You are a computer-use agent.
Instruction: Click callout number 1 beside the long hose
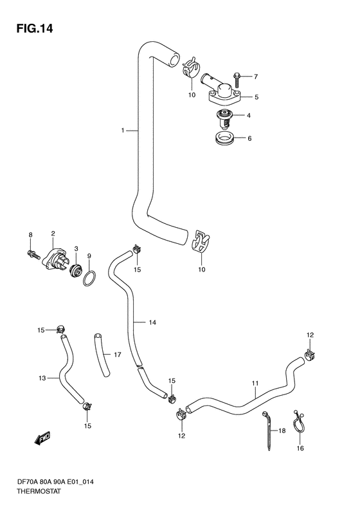pyautogui.click(x=122, y=131)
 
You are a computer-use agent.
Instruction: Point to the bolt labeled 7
pyautogui.click(x=235, y=78)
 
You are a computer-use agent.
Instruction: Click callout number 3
pyautogui.click(x=75, y=249)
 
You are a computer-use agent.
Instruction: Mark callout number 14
pyautogui.click(x=152, y=322)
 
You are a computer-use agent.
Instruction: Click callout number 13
pyautogui.click(x=42, y=378)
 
